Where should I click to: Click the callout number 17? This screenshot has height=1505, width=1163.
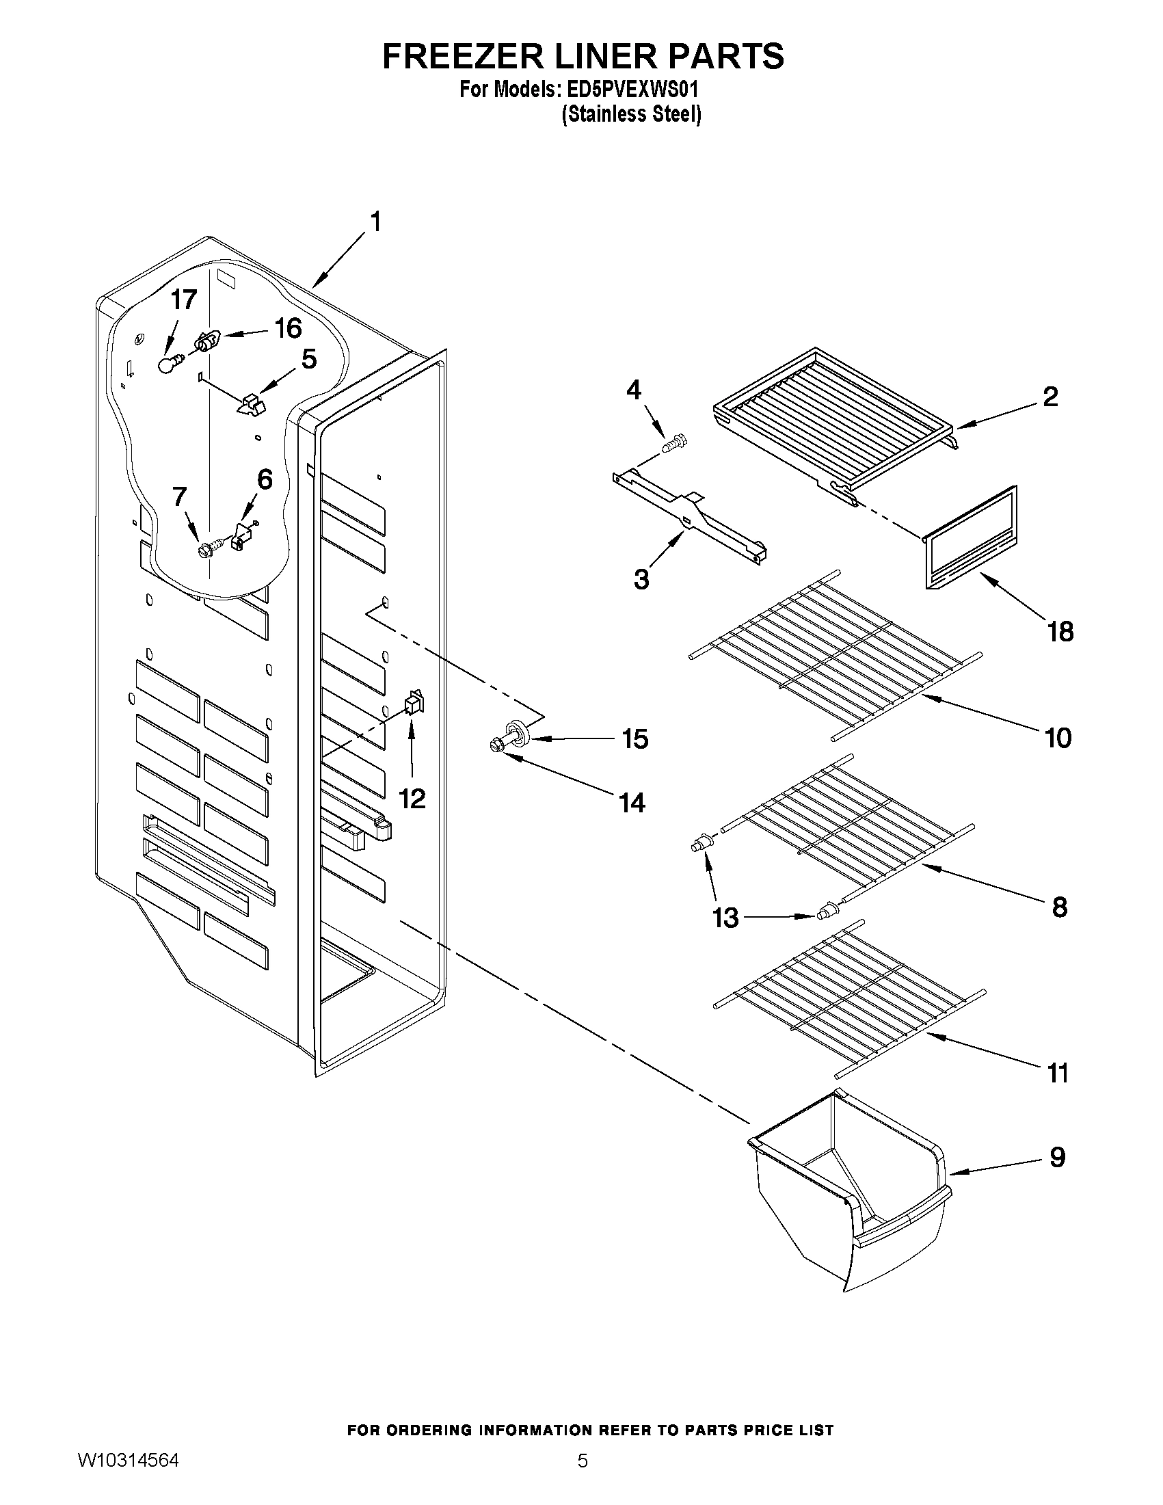coord(184,299)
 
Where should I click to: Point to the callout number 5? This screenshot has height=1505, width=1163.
coord(308,358)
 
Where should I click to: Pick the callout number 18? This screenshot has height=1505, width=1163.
coord(1060,631)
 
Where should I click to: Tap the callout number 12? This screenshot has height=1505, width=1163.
coord(412,799)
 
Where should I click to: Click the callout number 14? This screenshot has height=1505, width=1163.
coord(632,802)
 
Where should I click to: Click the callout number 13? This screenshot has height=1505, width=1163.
coord(725,917)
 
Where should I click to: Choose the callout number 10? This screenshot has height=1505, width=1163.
coord(1058,738)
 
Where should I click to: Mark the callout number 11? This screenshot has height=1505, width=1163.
coord(1058,1073)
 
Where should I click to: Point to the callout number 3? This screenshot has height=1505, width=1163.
coord(641,580)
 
